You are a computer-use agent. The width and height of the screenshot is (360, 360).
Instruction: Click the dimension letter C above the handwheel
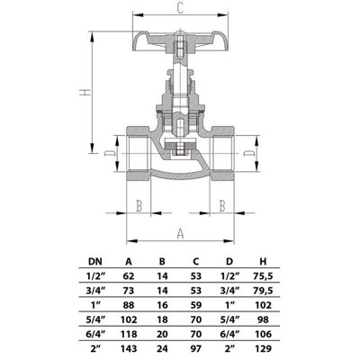[x=180, y=9]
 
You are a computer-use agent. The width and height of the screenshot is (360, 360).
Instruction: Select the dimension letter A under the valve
[x=180, y=233]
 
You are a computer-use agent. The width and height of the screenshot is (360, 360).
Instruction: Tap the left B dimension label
[x=139, y=206]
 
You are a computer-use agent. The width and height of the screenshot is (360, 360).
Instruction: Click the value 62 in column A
[x=129, y=277]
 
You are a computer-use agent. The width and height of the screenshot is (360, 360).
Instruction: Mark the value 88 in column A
[x=129, y=304]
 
